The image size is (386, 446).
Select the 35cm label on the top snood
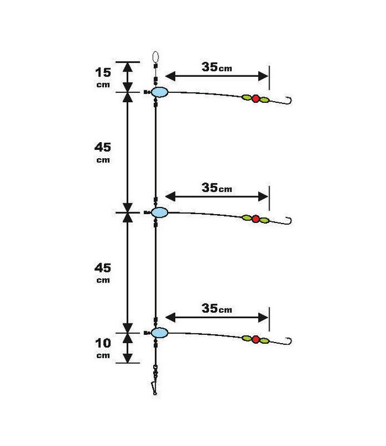[x=217, y=67]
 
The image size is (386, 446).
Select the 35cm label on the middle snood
[x=217, y=188]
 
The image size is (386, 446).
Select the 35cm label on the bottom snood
[x=217, y=309]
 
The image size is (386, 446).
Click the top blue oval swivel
[x=160, y=92]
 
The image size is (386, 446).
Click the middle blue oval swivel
[x=160, y=212]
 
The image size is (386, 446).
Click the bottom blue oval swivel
[x=160, y=332]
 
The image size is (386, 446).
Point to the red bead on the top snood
[x=255, y=99]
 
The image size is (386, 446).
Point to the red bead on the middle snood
[x=255, y=219]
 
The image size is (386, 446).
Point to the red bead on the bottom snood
[x=255, y=340]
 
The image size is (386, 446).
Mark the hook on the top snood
[x=290, y=100]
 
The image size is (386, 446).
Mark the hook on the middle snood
[x=290, y=221]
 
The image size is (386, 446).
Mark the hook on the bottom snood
[x=290, y=341]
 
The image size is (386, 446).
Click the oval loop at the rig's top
[x=156, y=58]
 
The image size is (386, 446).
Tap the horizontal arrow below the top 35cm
[x=217, y=76]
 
